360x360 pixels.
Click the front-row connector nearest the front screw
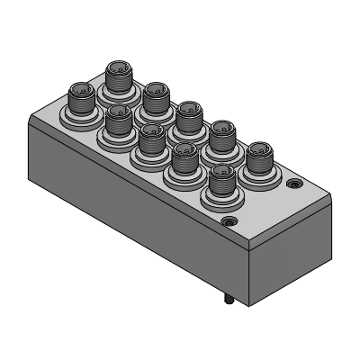coord(220,184)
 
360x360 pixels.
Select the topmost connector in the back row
coord(119,76)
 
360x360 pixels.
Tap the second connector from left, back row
coord(156,95)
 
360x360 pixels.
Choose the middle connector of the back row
coord(189,116)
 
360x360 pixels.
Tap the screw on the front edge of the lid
coord(227,220)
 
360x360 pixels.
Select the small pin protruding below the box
coord(228,301)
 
